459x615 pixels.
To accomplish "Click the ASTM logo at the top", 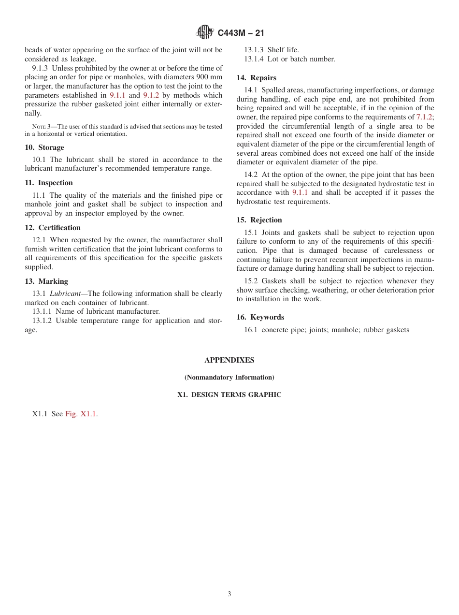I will [205, 32].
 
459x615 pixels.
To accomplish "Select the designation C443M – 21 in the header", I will [241, 33].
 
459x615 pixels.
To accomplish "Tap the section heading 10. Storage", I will [44, 147].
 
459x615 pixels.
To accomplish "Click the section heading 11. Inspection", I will [48, 183].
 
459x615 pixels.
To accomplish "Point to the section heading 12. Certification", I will [53, 228].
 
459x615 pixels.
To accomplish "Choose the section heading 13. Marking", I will [46, 281].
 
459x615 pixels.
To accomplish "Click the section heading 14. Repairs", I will [256, 78].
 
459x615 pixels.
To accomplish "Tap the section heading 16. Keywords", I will [260, 317].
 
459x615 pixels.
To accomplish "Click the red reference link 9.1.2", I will [151, 95].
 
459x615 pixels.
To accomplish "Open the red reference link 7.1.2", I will [424, 117].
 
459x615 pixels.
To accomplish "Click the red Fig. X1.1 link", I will [81, 414].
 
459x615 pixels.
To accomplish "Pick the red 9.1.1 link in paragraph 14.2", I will [300, 192].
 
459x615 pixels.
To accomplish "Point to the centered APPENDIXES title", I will [229, 360].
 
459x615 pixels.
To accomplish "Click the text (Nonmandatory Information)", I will [229, 377].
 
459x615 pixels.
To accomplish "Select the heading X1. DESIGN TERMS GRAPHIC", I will [229, 395].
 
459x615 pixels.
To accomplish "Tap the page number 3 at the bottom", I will [229, 594].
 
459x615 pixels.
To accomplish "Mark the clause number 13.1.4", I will [254, 59].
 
